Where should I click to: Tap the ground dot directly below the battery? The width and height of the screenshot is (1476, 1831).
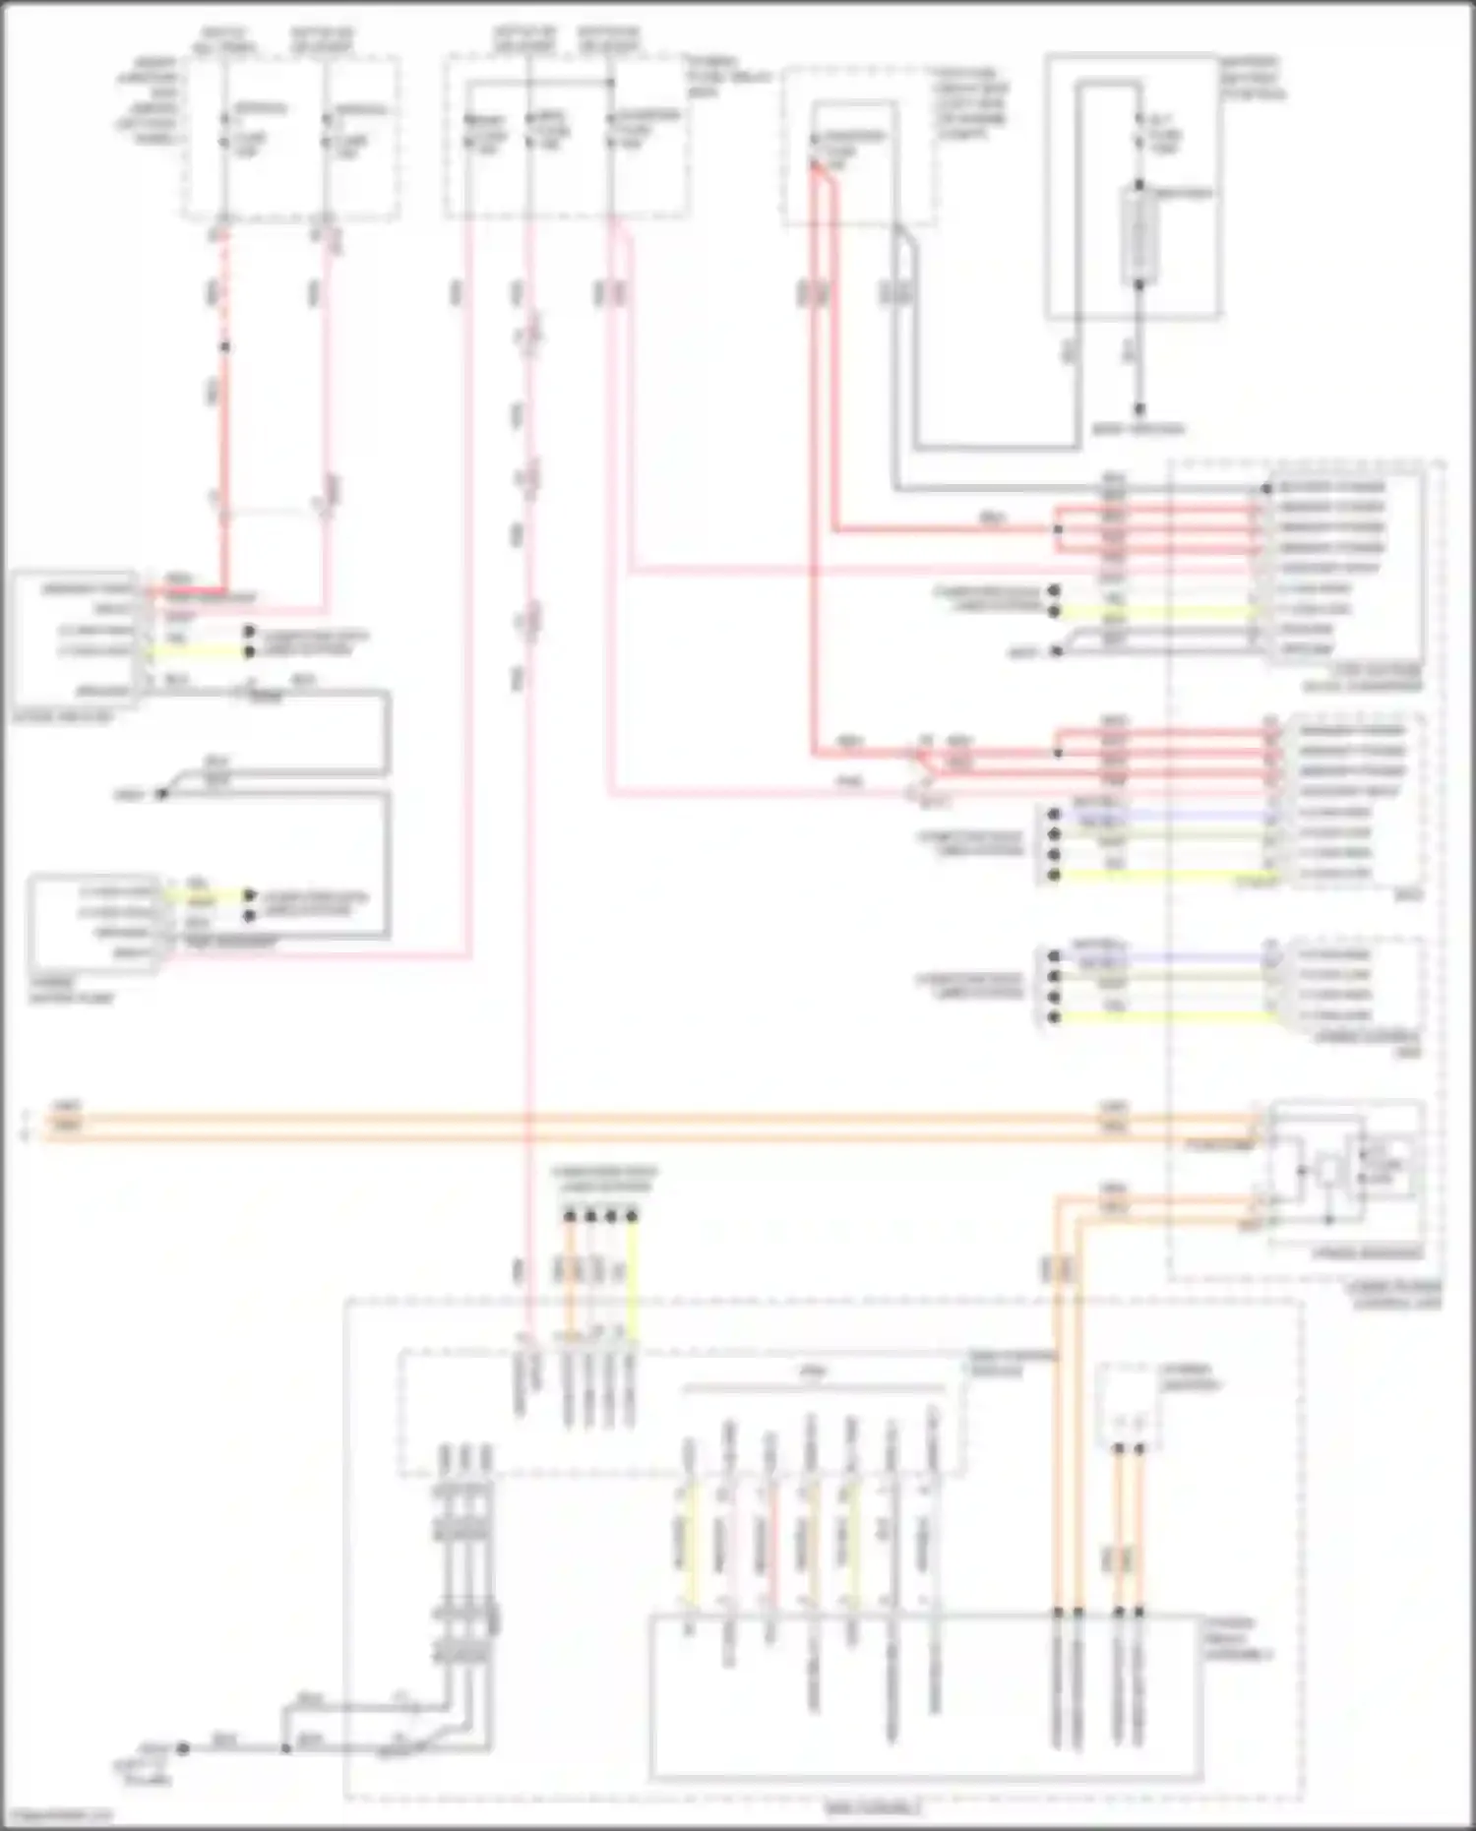pyautogui.click(x=1139, y=408)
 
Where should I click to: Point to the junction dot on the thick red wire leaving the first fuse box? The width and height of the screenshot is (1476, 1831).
pyautogui.click(x=224, y=346)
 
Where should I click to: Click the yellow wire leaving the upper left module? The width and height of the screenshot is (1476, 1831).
pyautogui.click(x=197, y=652)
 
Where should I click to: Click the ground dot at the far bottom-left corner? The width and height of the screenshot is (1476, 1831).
pyautogui.click(x=183, y=1748)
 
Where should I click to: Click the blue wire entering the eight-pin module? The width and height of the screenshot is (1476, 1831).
pyautogui.click(x=1161, y=815)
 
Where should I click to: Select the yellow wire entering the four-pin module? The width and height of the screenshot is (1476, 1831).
pyautogui.click(x=1161, y=1016)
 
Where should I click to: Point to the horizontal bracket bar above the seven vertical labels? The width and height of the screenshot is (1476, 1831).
pyautogui.click(x=813, y=1388)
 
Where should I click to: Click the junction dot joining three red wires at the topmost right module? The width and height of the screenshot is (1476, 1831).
pyautogui.click(x=1058, y=529)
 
